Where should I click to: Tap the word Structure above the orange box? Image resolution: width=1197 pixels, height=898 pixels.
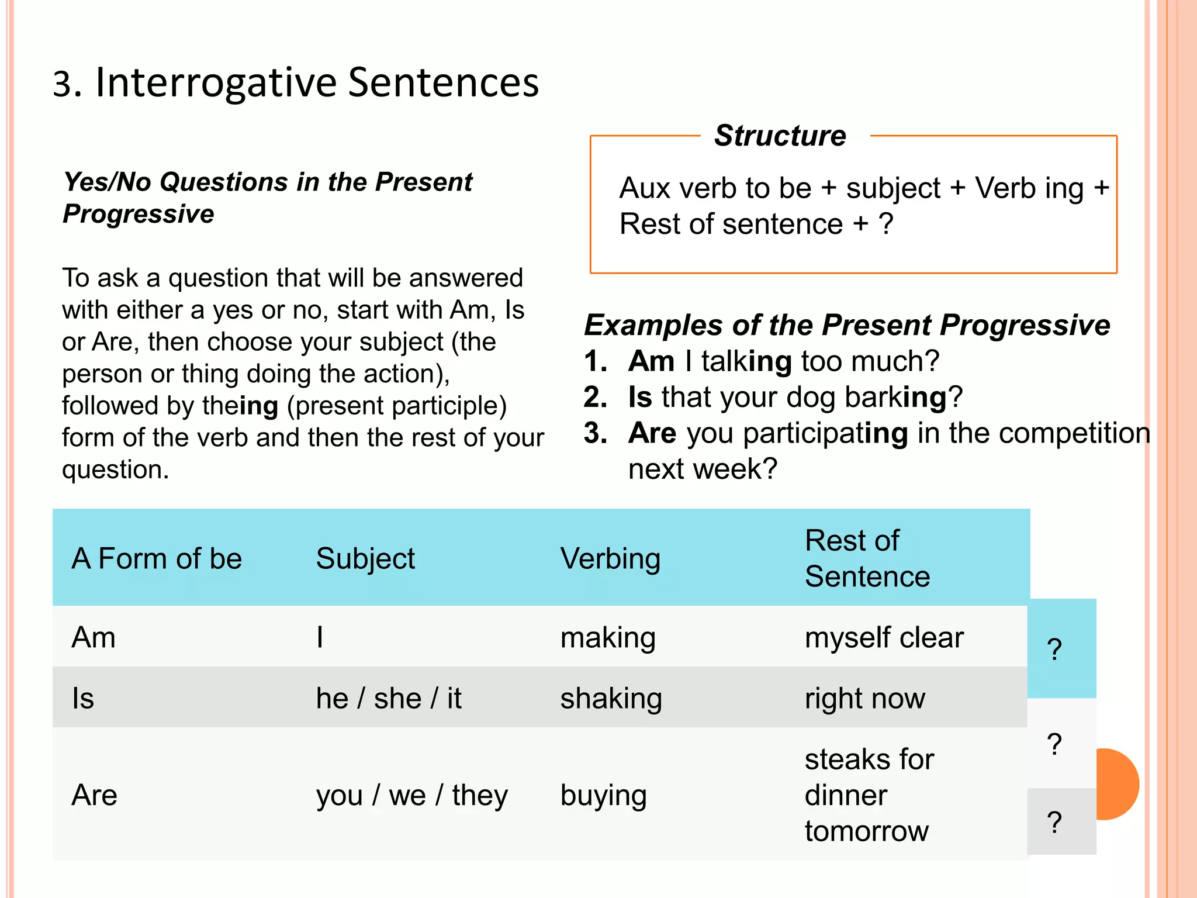tap(780, 136)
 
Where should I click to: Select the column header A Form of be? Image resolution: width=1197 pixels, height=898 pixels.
tap(157, 558)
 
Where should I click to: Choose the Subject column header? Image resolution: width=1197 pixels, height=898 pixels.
tap(365, 558)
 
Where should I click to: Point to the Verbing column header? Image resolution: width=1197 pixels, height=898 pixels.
tap(610, 558)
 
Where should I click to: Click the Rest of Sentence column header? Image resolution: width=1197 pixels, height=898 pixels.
tap(867, 558)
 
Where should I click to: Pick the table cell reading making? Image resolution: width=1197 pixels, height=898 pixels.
tap(608, 637)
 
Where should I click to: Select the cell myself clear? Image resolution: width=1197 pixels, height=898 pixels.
tap(884, 637)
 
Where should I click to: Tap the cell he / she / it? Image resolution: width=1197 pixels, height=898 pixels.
tap(389, 698)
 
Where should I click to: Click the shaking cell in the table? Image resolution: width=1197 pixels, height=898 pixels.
tap(611, 698)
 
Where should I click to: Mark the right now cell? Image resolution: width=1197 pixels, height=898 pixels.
tap(865, 698)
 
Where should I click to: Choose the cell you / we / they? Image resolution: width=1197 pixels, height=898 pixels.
tap(412, 795)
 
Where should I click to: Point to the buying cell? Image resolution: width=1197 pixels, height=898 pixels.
tap(603, 795)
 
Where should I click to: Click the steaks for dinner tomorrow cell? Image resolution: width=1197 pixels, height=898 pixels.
tap(869, 795)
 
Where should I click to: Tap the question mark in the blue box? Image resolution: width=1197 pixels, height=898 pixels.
tap(1054, 650)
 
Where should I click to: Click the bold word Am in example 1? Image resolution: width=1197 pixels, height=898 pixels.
tap(651, 361)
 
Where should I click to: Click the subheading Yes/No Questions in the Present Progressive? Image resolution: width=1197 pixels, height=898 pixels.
tap(267, 198)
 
